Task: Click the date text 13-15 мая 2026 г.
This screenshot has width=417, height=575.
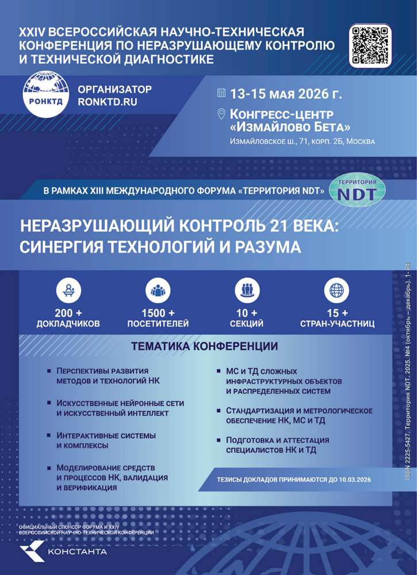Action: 285,93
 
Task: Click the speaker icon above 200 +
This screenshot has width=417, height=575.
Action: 68,290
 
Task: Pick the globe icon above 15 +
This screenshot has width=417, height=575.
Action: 337,290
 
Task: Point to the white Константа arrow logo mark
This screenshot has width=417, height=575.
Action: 32,551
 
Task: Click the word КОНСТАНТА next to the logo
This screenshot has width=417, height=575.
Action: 78,552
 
